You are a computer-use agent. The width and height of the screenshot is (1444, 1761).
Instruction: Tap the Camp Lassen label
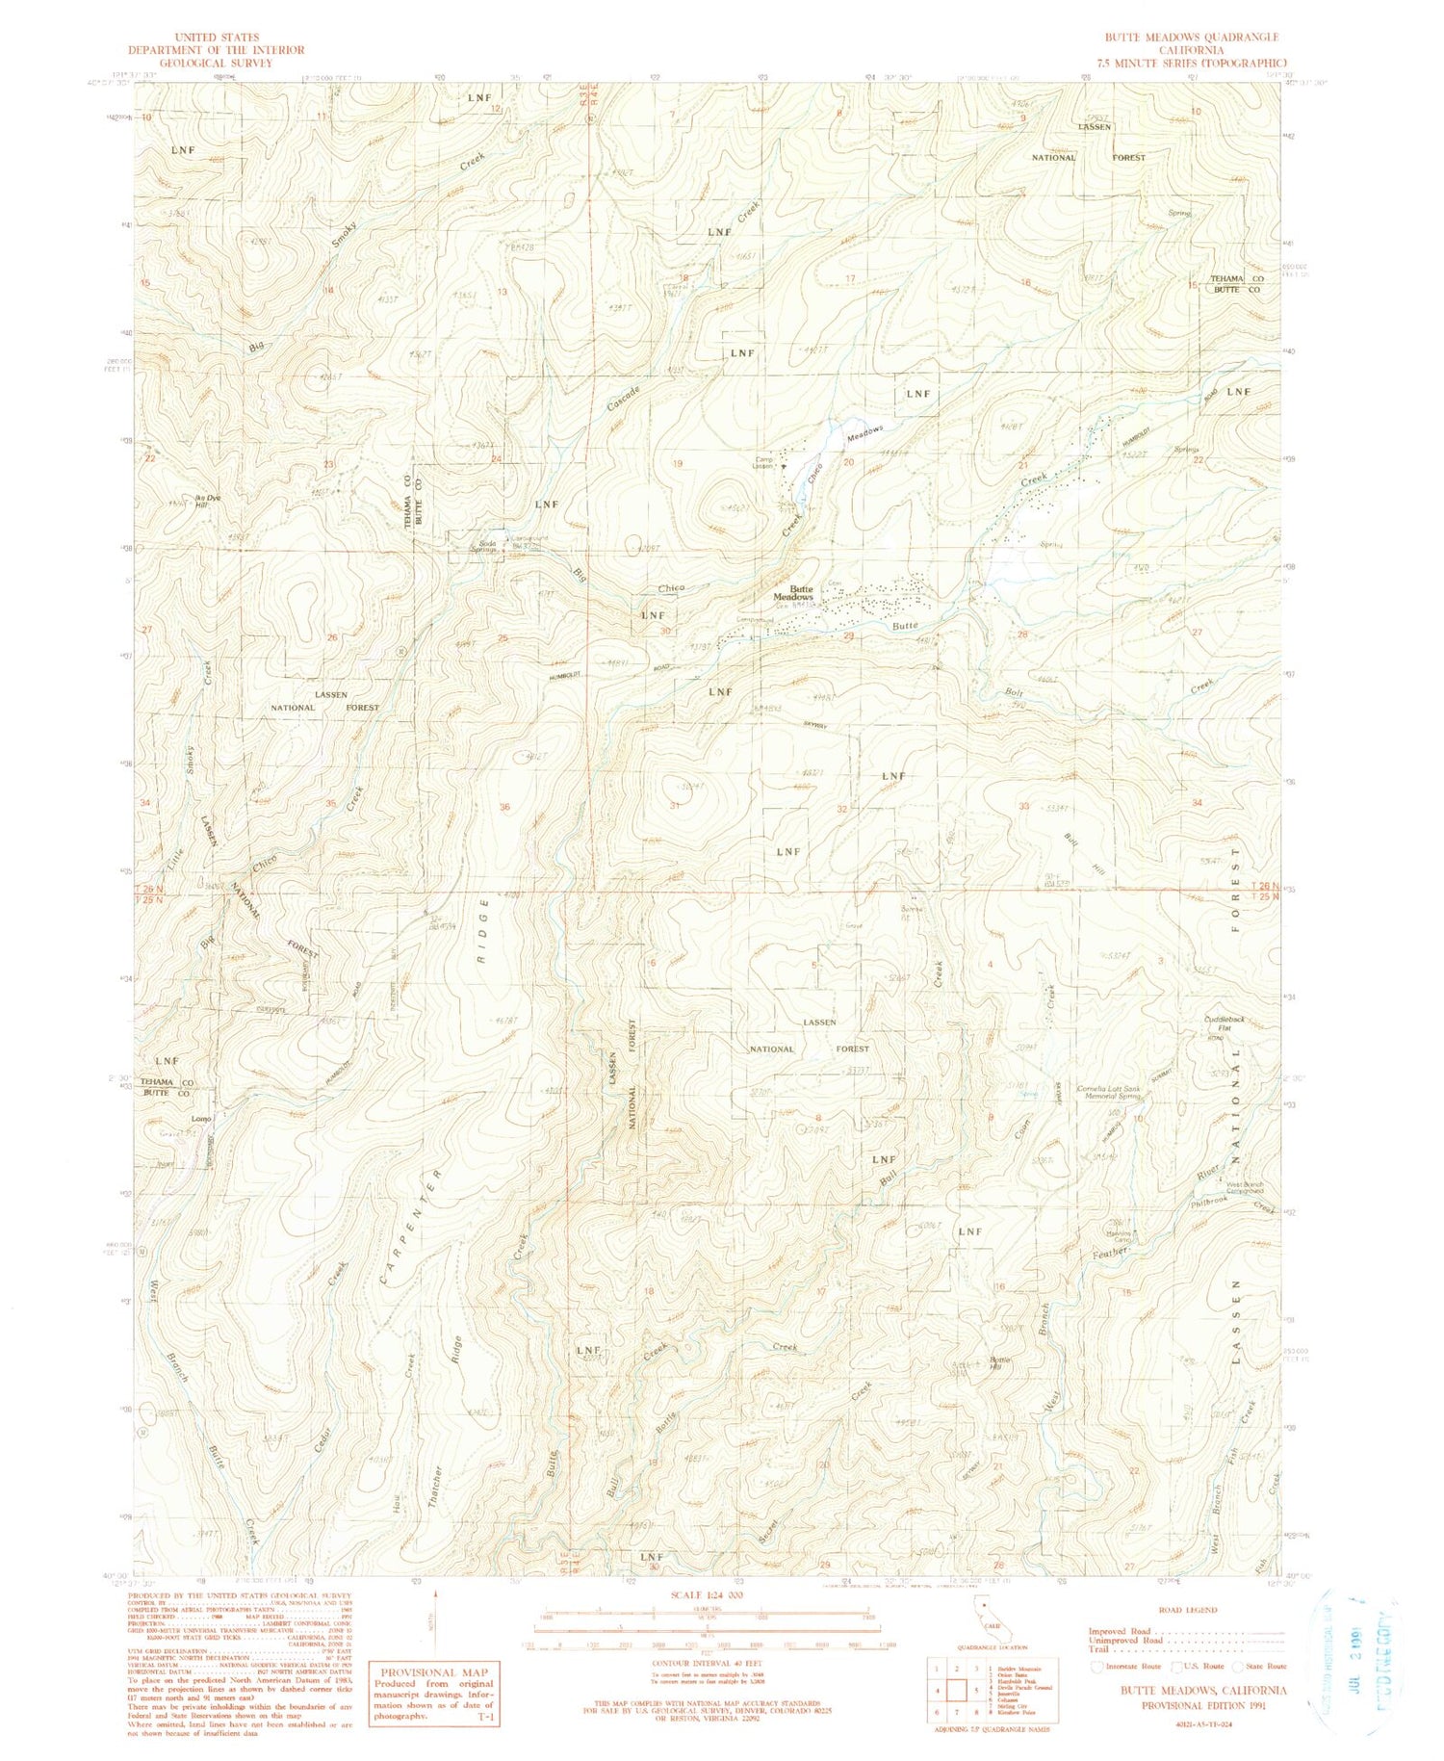point(762,463)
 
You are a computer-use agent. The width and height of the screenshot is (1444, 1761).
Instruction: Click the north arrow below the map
point(435,1618)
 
